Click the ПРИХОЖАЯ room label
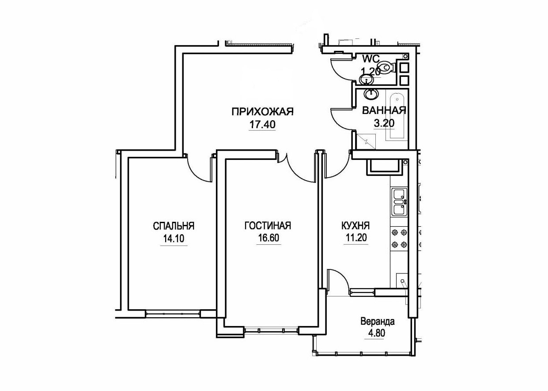coord(262,112)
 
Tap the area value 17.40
coord(262,125)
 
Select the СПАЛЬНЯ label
coord(174,226)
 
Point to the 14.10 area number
coord(174,238)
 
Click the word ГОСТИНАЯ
coord(268,225)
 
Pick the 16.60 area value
coord(268,238)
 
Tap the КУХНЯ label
coord(355,225)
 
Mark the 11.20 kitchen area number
coord(356,238)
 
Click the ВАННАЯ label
coord(384,110)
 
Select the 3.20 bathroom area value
coord(384,123)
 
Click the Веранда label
coord(378,322)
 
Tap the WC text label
coord(371,59)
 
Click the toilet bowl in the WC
coord(386,67)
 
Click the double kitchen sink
coord(400,202)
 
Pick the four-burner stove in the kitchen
coord(400,238)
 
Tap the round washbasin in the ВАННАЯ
coord(371,94)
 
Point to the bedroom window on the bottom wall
coord(173,314)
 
